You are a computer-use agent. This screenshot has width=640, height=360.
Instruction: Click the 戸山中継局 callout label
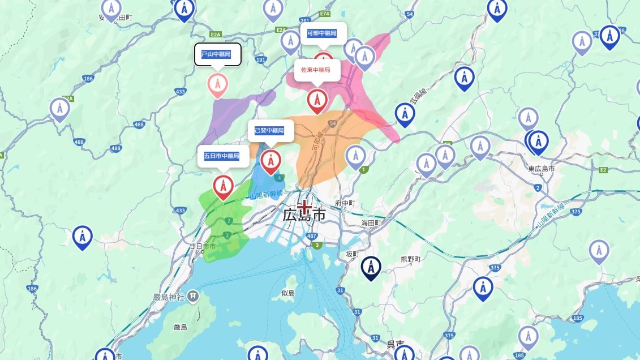coord(218,55)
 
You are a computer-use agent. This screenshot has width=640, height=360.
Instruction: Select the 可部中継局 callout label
coord(322,33)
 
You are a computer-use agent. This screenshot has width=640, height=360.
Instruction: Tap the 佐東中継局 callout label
coord(316,70)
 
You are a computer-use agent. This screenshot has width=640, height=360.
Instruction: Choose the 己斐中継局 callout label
coord(270,131)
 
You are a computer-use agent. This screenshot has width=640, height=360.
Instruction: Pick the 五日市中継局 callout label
coord(222,156)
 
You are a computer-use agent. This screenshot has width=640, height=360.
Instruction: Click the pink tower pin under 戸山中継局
coord(218,85)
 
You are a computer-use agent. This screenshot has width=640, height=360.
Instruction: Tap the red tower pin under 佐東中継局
coord(317,100)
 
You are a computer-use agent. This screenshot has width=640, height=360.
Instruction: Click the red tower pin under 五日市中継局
coord(224,186)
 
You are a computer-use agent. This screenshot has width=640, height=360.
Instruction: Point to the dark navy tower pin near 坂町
coord(371,268)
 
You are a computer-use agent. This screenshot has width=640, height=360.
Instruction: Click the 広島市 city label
coord(304,215)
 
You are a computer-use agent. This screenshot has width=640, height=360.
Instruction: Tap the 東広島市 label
coord(542,169)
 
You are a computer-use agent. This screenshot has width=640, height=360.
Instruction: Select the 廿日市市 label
coord(203,246)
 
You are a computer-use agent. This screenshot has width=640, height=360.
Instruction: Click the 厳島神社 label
coord(170,297)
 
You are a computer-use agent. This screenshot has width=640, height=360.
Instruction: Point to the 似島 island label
coord(288,293)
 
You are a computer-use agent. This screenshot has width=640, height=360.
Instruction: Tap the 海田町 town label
coord(372,223)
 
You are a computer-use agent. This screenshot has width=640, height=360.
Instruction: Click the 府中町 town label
coord(345,203)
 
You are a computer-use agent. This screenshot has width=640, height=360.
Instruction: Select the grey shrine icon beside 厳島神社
coord(193,295)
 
